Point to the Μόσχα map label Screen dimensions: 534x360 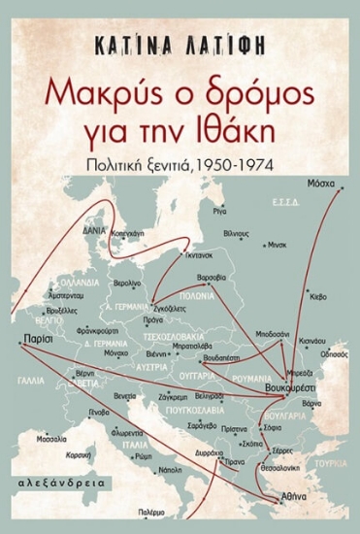319,184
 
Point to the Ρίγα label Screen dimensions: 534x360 219,209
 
